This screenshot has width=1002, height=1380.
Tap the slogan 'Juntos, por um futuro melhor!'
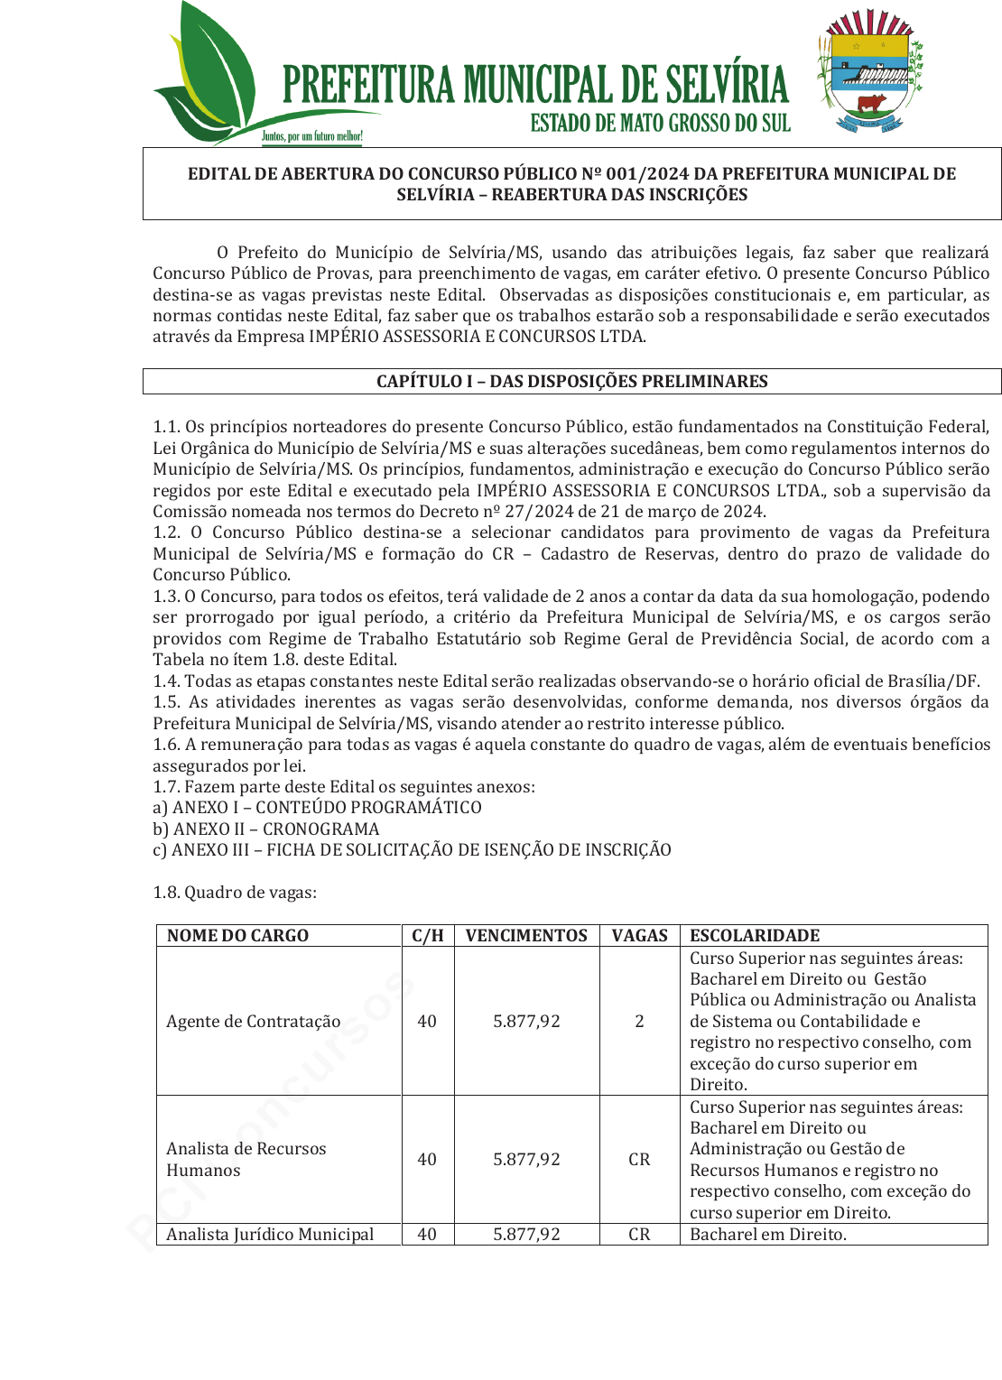coord(312,137)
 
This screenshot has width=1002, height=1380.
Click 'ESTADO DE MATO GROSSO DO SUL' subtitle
coord(660,123)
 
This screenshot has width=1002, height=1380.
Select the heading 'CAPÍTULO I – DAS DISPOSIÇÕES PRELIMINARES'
coord(571,382)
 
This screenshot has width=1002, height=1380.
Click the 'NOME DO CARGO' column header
coord(237,936)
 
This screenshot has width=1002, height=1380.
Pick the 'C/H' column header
coord(428,936)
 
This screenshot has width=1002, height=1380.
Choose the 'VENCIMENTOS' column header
coord(526,936)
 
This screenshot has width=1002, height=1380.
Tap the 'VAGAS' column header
coord(639,936)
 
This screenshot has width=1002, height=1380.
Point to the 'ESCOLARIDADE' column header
coord(755,936)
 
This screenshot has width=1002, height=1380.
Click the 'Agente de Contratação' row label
coord(254,1022)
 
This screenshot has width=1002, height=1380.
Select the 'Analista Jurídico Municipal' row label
coord(270,1235)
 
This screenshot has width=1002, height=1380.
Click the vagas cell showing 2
coord(639,1022)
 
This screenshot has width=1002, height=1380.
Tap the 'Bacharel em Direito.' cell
coord(768,1235)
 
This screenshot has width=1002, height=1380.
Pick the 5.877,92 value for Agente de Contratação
coord(526,1022)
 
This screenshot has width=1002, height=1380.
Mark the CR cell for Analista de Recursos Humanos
coord(639,1160)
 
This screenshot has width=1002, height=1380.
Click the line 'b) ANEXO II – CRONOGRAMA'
coord(266,829)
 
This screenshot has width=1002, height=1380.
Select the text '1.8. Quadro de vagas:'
coord(235,893)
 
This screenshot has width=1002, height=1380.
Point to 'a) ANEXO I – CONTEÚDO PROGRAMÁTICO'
coord(317,808)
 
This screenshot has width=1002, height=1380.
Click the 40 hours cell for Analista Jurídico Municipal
coord(427,1235)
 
